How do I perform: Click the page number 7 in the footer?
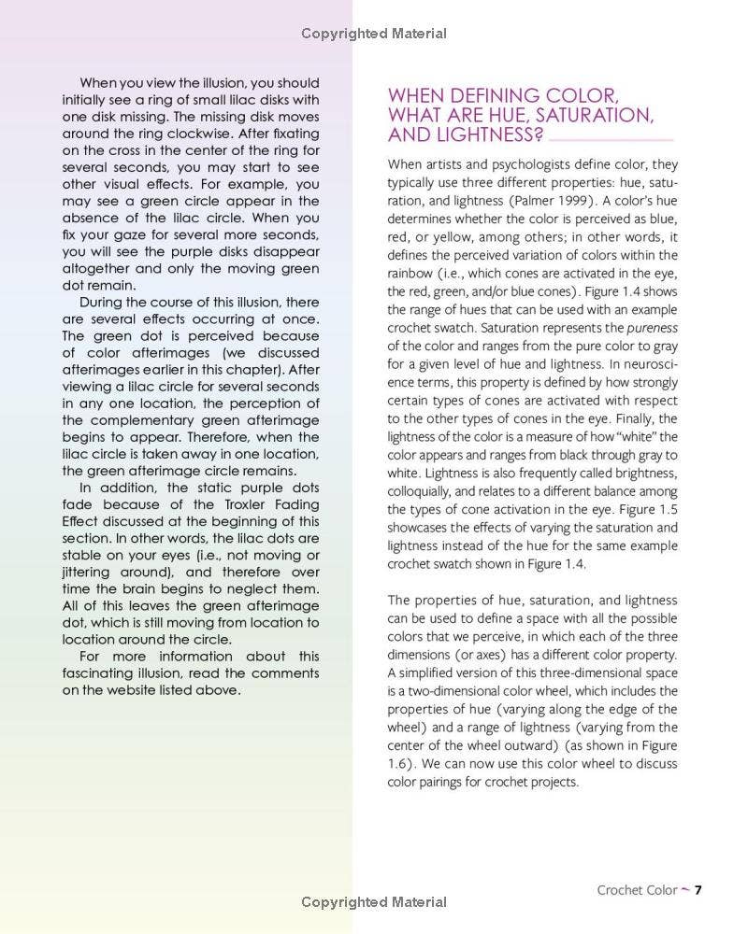tap(698, 889)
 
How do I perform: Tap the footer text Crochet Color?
tap(637, 890)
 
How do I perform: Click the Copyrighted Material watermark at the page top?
tap(374, 34)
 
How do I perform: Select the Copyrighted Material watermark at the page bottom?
tap(374, 902)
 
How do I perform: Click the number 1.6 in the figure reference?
tap(397, 763)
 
